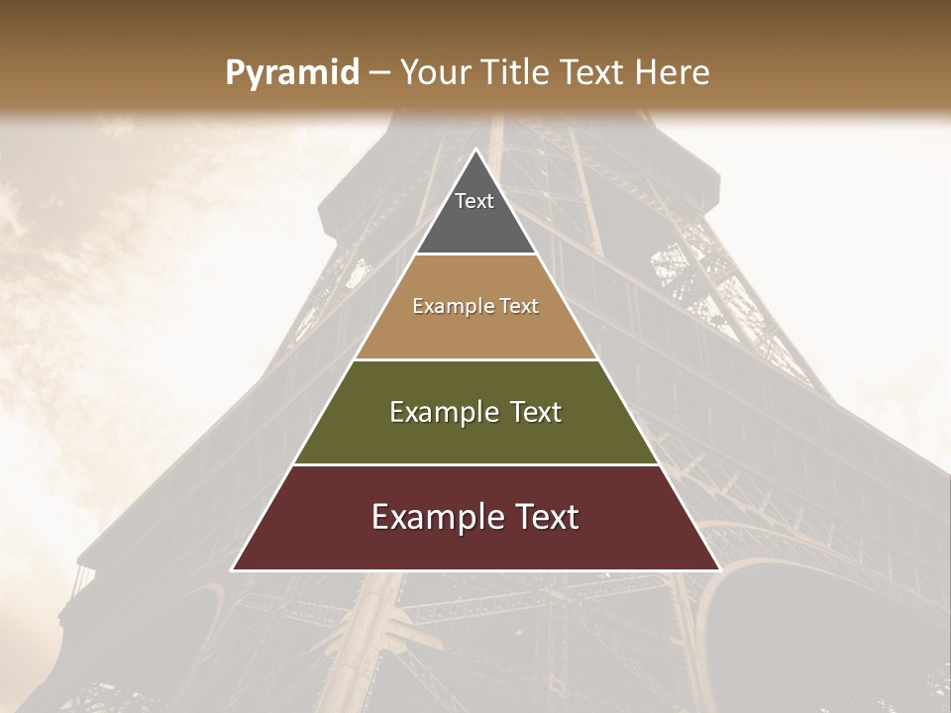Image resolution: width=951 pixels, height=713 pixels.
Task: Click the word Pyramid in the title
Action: [292, 73]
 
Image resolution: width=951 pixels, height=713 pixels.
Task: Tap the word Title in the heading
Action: [516, 73]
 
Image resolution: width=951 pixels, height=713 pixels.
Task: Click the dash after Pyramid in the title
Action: [379, 73]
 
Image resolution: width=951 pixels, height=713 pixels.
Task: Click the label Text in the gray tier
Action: [475, 201]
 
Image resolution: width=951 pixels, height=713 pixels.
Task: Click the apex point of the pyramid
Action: [475, 151]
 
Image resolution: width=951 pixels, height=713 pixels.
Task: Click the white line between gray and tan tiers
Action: [475, 255]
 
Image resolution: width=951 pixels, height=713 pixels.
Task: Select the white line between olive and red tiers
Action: [475, 465]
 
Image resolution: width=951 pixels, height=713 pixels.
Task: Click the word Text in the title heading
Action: [593, 73]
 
